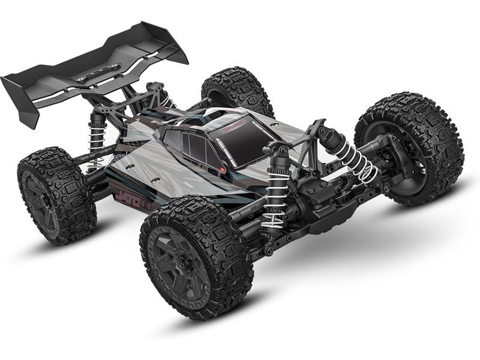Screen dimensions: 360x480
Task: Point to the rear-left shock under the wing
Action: pos(96,135)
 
